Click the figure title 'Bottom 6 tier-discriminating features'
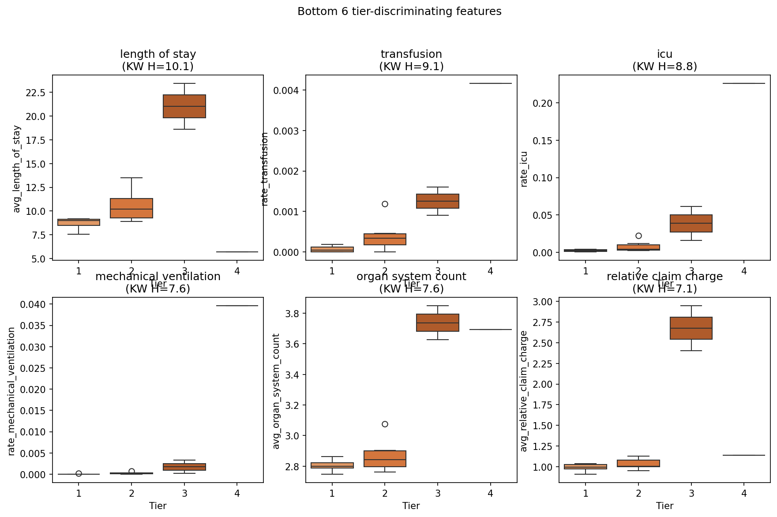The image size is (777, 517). coord(399,11)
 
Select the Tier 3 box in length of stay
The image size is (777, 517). coord(184,106)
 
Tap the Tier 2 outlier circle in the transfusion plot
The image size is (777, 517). coord(385,204)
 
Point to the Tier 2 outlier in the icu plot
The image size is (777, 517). coord(638,236)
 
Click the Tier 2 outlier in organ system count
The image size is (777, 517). coord(385,424)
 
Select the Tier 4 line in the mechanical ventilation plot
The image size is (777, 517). coord(237,306)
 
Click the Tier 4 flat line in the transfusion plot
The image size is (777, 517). coord(491,83)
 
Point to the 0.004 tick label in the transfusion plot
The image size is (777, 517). coord(287,90)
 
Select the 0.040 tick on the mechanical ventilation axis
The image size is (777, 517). coord(32,304)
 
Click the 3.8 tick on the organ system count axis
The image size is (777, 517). coord(292,314)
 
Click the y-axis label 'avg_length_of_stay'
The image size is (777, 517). coord(17,169)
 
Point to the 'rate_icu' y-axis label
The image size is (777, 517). coord(524,169)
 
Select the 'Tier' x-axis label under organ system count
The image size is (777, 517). coord(411,506)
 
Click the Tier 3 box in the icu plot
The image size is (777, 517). coord(691,223)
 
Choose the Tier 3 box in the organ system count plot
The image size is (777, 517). coord(438,322)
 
